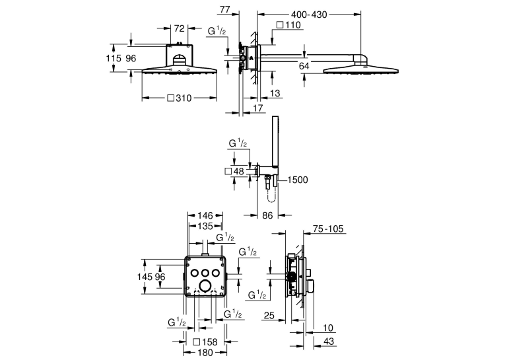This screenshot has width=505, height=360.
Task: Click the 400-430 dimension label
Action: click(x=309, y=15)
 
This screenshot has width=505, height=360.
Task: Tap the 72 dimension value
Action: click(x=179, y=28)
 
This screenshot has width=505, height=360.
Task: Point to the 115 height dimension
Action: click(x=114, y=58)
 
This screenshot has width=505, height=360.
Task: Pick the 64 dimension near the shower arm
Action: click(x=304, y=66)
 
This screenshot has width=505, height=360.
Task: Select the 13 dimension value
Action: click(x=275, y=93)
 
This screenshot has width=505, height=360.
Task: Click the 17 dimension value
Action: click(x=257, y=108)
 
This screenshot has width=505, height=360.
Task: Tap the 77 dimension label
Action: click(x=225, y=10)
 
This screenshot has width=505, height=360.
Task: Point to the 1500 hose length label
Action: click(x=297, y=180)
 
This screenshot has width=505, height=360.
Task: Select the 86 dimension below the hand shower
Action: click(x=267, y=215)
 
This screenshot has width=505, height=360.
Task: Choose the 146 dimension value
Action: click(x=205, y=215)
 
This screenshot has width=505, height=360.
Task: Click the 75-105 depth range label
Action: click(x=328, y=229)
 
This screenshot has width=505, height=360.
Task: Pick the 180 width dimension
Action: click(x=205, y=353)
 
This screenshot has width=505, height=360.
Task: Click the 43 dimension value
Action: click(x=329, y=341)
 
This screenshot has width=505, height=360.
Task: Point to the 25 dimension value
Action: click(x=269, y=315)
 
